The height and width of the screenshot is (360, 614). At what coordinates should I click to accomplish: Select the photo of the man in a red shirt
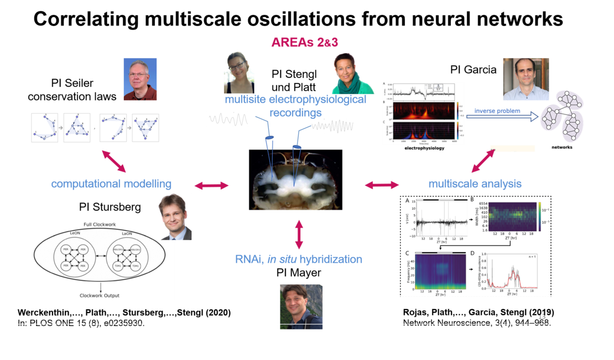(x=140, y=79)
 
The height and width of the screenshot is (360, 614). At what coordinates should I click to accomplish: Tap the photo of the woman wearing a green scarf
(x=352, y=74)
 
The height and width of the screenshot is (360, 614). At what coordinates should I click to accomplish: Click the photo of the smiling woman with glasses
(x=239, y=72)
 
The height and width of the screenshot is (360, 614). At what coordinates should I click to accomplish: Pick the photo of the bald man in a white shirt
(x=525, y=79)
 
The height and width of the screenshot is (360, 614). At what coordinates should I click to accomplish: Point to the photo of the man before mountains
(x=301, y=306)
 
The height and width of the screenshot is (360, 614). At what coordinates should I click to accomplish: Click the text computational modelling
(x=111, y=184)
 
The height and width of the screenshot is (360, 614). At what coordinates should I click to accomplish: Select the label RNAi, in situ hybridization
(x=299, y=259)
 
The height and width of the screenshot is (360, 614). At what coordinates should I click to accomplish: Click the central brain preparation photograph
(x=295, y=179)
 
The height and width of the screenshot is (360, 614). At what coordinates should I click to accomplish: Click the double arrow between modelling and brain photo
(x=211, y=186)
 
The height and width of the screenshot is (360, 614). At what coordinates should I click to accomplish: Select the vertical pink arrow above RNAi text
(x=299, y=234)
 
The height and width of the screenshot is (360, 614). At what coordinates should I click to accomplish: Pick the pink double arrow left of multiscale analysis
(x=382, y=185)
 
